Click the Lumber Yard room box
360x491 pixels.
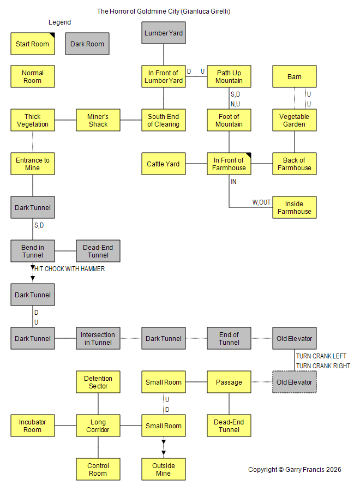click(164, 33)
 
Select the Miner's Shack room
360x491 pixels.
click(98, 120)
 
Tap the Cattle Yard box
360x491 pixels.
click(164, 164)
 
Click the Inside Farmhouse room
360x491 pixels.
click(294, 207)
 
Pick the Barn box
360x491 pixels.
click(294, 76)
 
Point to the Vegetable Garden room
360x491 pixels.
click(294, 120)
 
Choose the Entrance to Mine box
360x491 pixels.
click(33, 164)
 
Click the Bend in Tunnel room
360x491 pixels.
click(33, 251)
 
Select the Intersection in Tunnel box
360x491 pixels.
click(98, 338)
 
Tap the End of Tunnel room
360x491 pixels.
click(229, 338)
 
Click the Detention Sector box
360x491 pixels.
click(98, 382)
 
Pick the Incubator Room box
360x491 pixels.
click(33, 426)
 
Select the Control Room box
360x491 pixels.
click(98, 469)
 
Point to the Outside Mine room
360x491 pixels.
click(164, 469)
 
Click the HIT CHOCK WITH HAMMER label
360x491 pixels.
click(69, 268)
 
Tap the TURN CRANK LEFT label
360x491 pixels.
click(321, 356)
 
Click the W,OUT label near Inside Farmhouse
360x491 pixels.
click(261, 202)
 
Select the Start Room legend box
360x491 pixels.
click(33, 44)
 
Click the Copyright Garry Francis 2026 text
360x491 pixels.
click(295, 469)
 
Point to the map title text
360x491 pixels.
click(164, 11)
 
